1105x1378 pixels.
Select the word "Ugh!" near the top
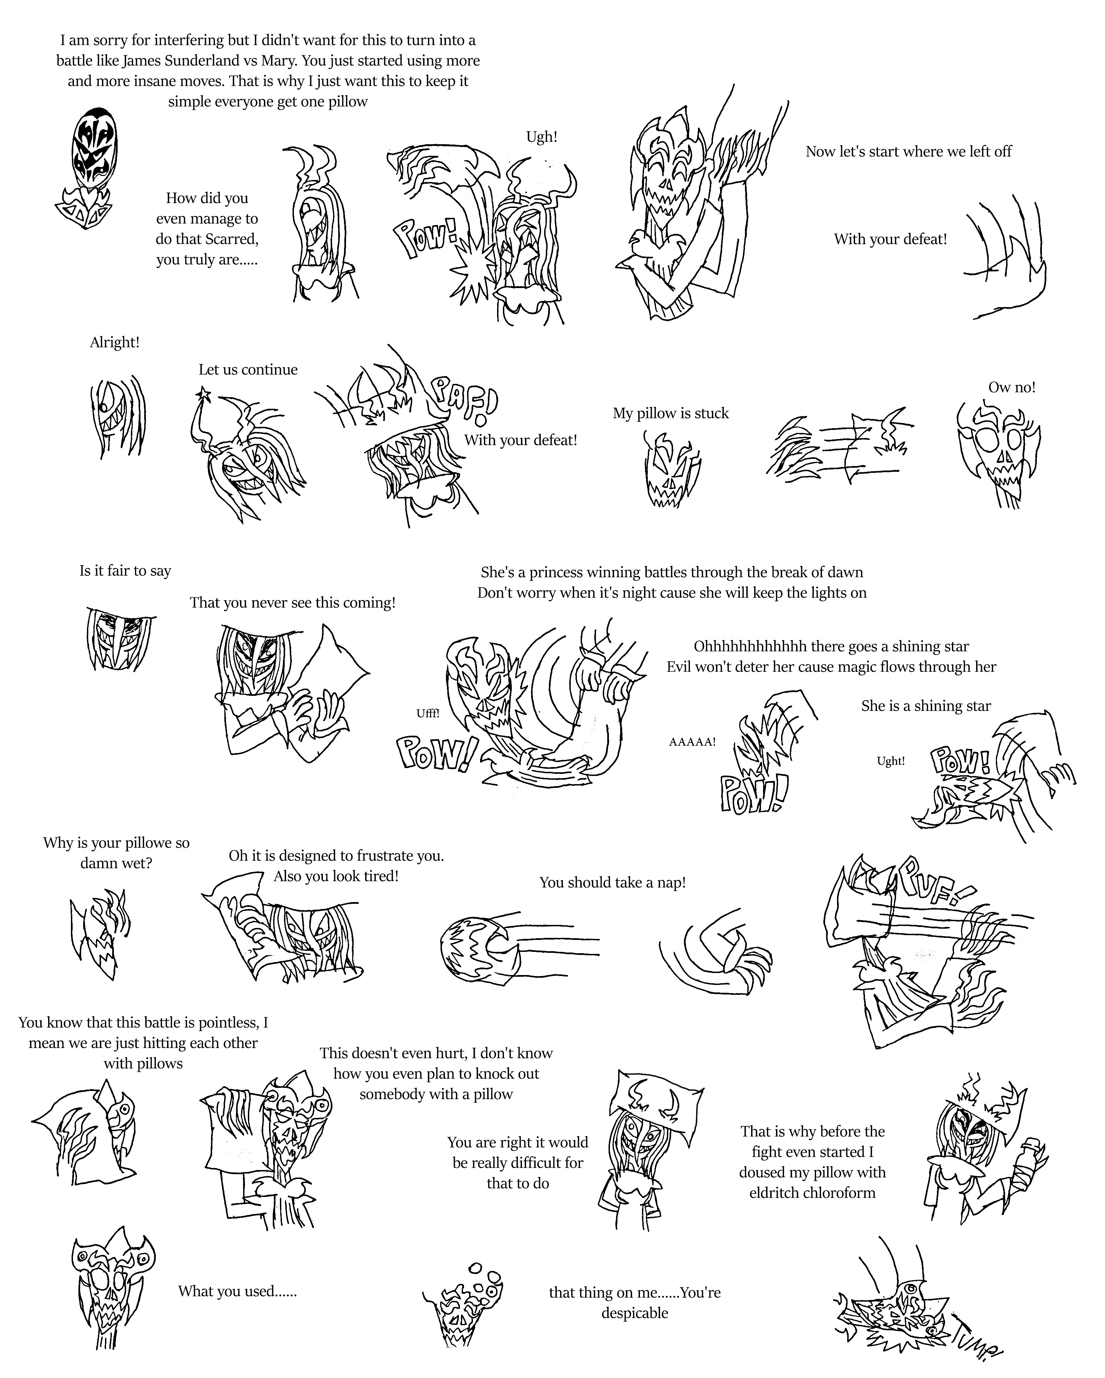(x=541, y=137)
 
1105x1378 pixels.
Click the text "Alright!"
(x=115, y=343)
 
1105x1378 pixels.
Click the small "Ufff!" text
(x=428, y=713)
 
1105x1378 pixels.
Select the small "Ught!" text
(x=890, y=761)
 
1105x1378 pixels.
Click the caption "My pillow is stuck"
(x=670, y=414)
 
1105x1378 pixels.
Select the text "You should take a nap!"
(x=612, y=883)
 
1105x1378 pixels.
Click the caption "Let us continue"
(x=248, y=370)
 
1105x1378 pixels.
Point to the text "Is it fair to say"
(x=125, y=571)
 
